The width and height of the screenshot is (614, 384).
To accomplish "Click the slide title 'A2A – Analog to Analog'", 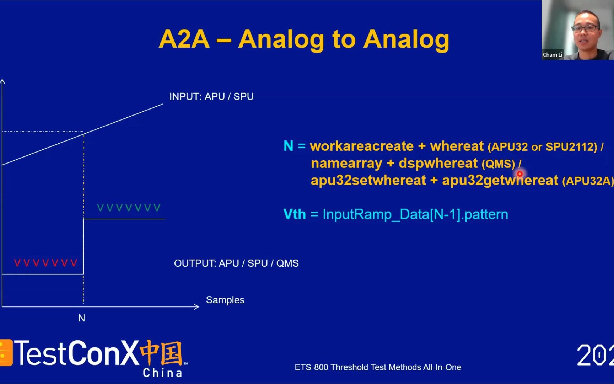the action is (x=304, y=39).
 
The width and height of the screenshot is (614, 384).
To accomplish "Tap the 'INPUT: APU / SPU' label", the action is (x=211, y=97).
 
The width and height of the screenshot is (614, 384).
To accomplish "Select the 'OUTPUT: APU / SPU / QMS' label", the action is (x=236, y=263).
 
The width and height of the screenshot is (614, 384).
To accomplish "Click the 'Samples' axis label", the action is (x=225, y=300).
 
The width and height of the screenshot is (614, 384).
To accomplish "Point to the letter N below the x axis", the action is (x=82, y=318).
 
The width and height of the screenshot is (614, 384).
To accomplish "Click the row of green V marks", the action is (x=129, y=208).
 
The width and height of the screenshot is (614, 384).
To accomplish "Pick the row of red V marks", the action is (x=45, y=263).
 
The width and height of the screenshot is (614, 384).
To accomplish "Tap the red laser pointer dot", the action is (x=520, y=174).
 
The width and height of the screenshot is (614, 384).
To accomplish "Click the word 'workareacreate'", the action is (x=362, y=146).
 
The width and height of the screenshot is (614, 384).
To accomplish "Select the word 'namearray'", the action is (x=346, y=163).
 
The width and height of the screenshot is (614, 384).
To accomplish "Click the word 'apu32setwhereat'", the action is (x=368, y=180).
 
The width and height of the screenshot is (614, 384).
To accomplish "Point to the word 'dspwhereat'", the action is (x=438, y=163).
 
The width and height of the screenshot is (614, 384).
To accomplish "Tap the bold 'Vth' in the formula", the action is (x=295, y=214).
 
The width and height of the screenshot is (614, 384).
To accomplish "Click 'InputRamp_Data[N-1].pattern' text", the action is (x=415, y=214).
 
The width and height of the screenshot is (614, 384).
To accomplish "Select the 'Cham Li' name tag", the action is (x=553, y=55).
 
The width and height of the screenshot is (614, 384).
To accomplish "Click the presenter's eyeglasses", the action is (x=586, y=28).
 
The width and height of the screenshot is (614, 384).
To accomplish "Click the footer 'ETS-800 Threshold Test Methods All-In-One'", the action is (x=378, y=367).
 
